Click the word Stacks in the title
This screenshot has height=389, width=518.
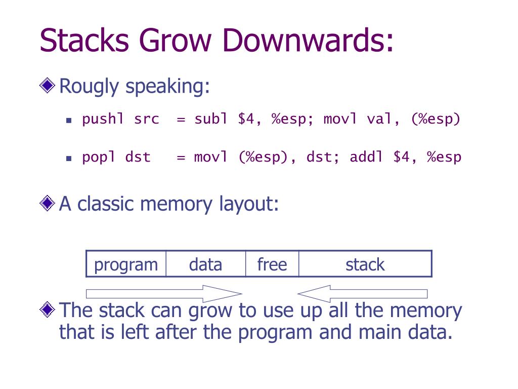84,40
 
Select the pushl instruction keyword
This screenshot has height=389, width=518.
103,119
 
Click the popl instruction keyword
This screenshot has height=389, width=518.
99,157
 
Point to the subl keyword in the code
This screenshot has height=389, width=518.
211,119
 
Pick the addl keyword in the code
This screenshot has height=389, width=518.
366,157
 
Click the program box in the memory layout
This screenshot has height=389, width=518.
126,263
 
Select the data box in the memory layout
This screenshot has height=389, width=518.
206,263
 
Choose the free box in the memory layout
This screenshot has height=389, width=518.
272,263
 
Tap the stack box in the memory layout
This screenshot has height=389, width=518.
365,263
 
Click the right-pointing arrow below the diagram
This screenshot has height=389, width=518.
164,294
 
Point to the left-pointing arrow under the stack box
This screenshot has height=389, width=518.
362,294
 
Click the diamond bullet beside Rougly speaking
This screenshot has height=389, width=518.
47,85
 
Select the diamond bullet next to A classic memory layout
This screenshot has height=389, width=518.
47,203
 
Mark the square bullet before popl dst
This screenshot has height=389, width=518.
69,159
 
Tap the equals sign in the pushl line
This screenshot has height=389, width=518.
181,120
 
